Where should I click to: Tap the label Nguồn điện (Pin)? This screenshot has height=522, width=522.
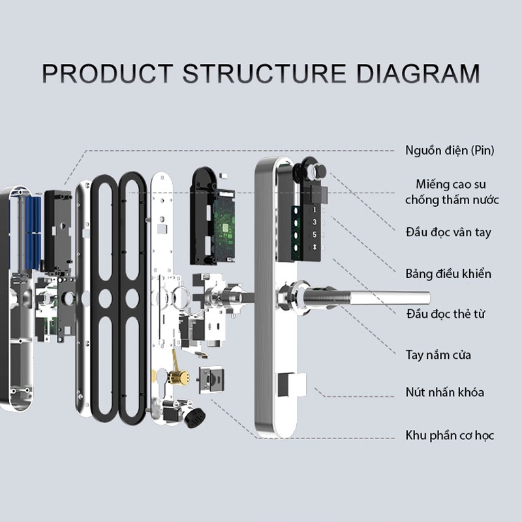pos(450,151)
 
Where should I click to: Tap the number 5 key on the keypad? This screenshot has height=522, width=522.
pos(315,235)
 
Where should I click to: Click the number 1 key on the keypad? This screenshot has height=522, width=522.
pos(315,210)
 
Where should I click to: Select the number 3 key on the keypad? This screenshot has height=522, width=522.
pos(315,223)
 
